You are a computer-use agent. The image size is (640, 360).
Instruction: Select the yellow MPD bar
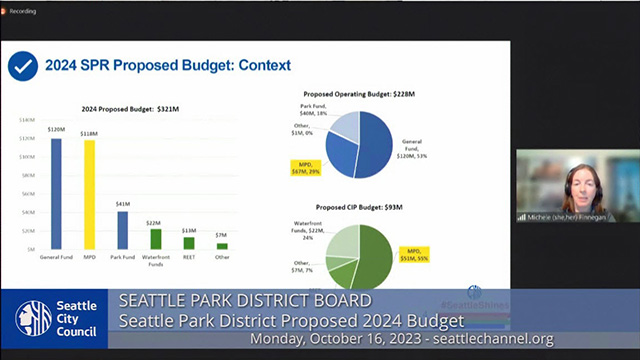click(x=89, y=194)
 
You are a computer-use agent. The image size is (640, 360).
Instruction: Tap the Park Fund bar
click(x=122, y=229)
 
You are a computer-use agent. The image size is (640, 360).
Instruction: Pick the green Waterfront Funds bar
click(x=155, y=239)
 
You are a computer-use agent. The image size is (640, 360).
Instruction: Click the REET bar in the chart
click(x=189, y=243)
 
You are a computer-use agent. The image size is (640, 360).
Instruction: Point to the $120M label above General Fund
click(x=55, y=129)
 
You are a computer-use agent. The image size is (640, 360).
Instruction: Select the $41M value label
click(x=122, y=203)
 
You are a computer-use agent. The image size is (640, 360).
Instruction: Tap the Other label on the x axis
click(x=222, y=257)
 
